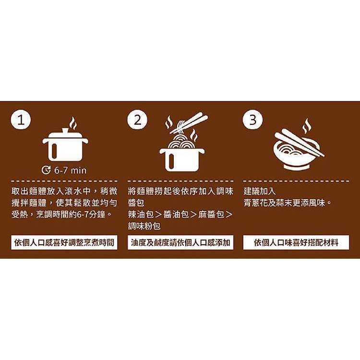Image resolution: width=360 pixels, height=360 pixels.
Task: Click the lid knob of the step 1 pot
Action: (x=65, y=130)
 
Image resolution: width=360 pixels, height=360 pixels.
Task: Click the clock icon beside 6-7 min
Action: (x=46, y=170)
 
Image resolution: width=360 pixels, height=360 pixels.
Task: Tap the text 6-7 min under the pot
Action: (x=70, y=170)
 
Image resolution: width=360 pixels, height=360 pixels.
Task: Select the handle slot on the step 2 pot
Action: (x=171, y=161)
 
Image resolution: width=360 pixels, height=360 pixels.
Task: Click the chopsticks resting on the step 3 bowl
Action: (x=300, y=143)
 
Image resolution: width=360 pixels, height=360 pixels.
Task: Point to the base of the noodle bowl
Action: (x=296, y=167)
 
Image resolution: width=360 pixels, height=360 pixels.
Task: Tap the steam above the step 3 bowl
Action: (x=307, y=126)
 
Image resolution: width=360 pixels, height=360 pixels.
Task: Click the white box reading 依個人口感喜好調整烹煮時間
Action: (x=64, y=242)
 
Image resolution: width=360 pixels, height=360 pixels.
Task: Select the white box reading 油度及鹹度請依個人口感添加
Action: (x=180, y=242)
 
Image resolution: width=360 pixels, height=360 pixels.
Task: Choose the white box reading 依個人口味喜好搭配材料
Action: (x=296, y=242)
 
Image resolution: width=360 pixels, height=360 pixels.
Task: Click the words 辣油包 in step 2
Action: (x=141, y=215)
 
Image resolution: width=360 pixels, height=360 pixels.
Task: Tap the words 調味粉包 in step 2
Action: (x=144, y=226)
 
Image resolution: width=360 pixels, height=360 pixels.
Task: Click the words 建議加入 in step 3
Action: (x=260, y=191)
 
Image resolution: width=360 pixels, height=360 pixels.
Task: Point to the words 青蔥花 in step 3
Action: (x=255, y=203)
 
